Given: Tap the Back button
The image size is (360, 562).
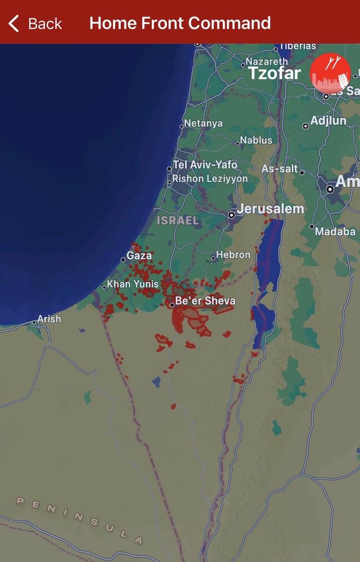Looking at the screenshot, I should point(35,23).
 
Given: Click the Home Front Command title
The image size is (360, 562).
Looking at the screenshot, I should point(180,23).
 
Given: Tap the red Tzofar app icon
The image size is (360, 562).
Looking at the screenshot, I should point(330,73).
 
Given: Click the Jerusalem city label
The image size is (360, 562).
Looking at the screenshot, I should point(270,209).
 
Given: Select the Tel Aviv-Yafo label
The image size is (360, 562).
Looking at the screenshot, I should point(205,165).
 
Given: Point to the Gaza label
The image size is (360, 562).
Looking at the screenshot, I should point(139,255).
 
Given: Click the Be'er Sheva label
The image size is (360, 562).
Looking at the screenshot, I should point(205,301).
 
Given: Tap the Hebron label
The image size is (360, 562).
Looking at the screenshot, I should point(233,255).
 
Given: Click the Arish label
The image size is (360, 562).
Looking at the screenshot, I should point(49,319).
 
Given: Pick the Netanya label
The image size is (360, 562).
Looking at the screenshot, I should point(203,123).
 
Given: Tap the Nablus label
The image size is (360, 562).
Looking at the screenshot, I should point(256,140).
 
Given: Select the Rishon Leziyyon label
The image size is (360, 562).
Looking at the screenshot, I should point(210,178).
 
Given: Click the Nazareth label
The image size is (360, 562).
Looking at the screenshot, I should point(267,62).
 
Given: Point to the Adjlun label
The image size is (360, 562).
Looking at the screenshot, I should point(328,121).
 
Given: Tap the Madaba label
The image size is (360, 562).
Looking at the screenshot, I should point(335,231).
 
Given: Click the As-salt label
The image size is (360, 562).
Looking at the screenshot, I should point(280,169).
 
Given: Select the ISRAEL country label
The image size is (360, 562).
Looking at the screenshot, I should point(178,221).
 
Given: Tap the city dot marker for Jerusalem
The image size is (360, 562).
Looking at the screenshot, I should point(231,215).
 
